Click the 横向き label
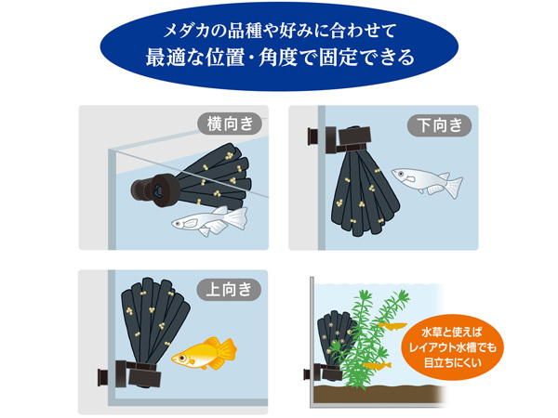click(230, 124)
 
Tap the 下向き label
click(439, 125)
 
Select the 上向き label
click(229, 290)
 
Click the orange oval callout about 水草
click(452, 347)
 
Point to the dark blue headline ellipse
click(279, 46)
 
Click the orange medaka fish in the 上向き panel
click(205, 353)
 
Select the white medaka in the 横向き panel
click(209, 221)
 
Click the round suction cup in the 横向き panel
click(155, 190)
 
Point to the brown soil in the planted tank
click(378, 394)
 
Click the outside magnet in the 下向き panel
click(312, 137)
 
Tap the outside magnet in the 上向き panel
click(103, 377)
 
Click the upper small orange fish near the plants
click(392, 325)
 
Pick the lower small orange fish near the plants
click(378, 365)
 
